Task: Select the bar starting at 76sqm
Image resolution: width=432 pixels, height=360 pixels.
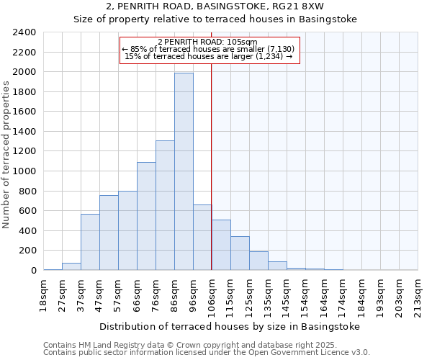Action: [165, 205]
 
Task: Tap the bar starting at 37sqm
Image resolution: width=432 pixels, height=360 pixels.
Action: [90, 242]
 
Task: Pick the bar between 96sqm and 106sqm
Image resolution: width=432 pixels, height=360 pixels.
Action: [202, 238]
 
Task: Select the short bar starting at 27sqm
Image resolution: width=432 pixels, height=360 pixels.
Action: [71, 266]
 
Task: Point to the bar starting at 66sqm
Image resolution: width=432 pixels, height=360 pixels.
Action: [146, 216]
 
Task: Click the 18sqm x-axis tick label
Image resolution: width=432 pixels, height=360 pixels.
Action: [44, 295]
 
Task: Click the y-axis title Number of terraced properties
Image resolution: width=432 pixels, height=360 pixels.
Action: [7, 155]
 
